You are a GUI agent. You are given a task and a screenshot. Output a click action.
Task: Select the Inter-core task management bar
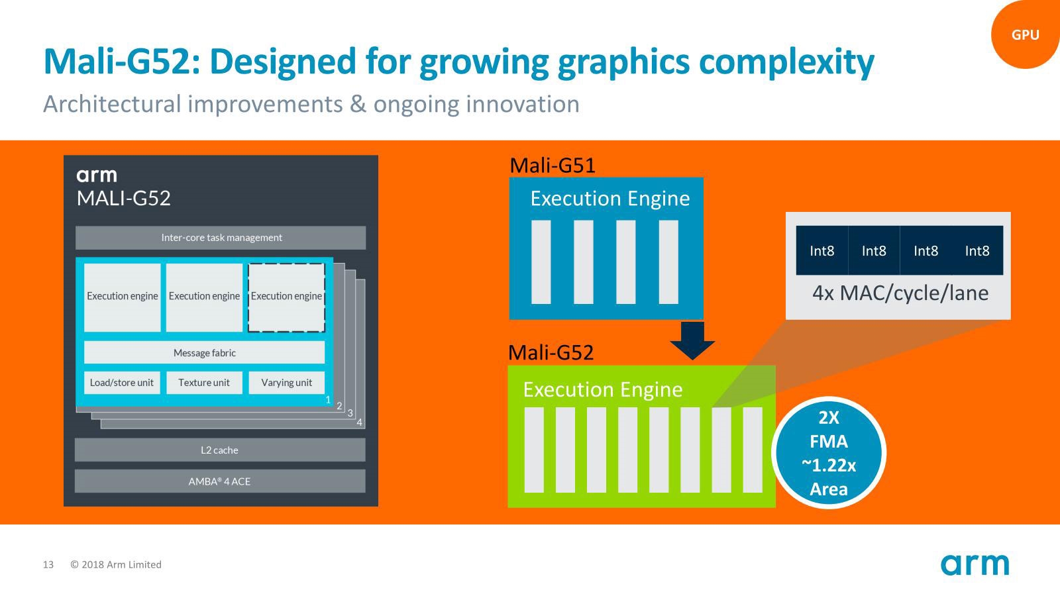click(221, 238)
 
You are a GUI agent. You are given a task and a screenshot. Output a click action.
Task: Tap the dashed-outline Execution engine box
click(287, 297)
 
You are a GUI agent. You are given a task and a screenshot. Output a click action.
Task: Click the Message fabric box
click(205, 353)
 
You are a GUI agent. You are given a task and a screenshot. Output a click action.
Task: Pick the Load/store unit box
click(122, 383)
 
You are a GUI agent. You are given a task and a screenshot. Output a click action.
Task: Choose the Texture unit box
click(204, 383)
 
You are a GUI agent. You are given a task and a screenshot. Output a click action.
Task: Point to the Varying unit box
click(287, 383)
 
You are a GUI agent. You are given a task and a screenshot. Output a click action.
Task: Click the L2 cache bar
click(220, 450)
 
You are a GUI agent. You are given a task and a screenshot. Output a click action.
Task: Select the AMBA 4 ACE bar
click(220, 481)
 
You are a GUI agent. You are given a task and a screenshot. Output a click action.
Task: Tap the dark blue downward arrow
click(692, 340)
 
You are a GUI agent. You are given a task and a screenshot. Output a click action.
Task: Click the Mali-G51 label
click(553, 166)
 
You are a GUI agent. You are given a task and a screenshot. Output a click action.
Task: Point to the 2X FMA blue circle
click(829, 453)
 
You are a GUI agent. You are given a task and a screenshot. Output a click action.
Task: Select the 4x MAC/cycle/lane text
click(900, 293)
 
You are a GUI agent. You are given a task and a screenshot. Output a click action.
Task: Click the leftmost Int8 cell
click(822, 250)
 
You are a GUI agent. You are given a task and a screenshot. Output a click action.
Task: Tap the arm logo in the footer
click(975, 564)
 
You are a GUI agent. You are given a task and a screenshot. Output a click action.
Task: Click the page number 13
click(48, 565)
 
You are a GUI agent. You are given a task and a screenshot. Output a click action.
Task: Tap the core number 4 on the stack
click(360, 422)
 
